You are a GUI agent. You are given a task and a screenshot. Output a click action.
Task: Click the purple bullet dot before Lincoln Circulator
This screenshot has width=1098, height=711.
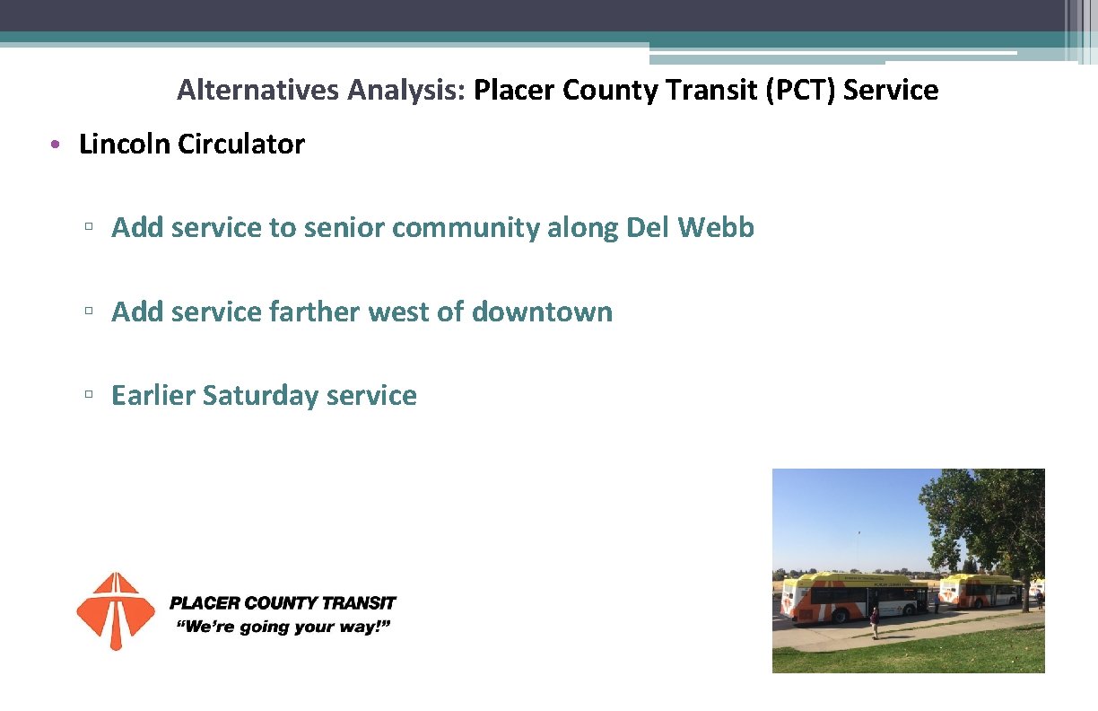56,145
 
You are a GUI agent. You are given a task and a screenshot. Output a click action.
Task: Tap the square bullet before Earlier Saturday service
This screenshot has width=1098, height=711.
89,396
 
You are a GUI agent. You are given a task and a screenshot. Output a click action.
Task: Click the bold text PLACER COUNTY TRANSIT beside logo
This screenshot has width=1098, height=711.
283,603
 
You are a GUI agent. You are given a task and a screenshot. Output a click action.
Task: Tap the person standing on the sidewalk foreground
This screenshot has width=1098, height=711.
875,621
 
